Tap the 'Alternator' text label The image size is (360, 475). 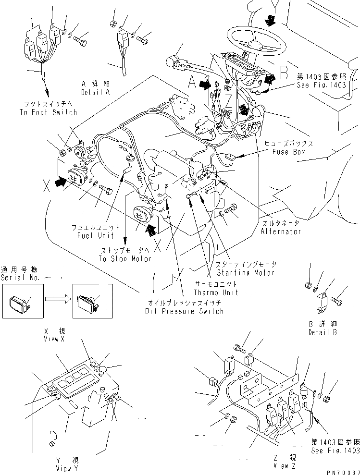point(281,231)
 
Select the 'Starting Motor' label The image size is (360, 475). point(247,273)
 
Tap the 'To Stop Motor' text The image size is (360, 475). point(125,259)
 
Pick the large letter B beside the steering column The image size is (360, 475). point(284,73)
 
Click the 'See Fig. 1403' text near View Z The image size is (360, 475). point(335,450)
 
